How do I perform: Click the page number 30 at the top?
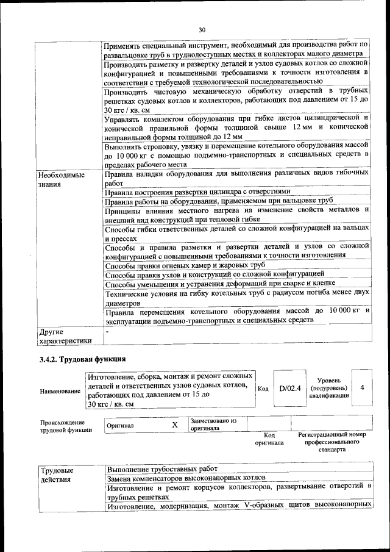[x=202, y=29]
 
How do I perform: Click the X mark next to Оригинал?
[x=175, y=425]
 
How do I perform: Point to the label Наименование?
[x=60, y=390]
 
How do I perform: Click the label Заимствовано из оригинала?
[x=213, y=425]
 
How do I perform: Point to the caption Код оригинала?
[x=265, y=439]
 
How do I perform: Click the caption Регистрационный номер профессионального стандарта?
[x=331, y=442]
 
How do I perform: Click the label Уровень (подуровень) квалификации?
[x=329, y=387]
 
